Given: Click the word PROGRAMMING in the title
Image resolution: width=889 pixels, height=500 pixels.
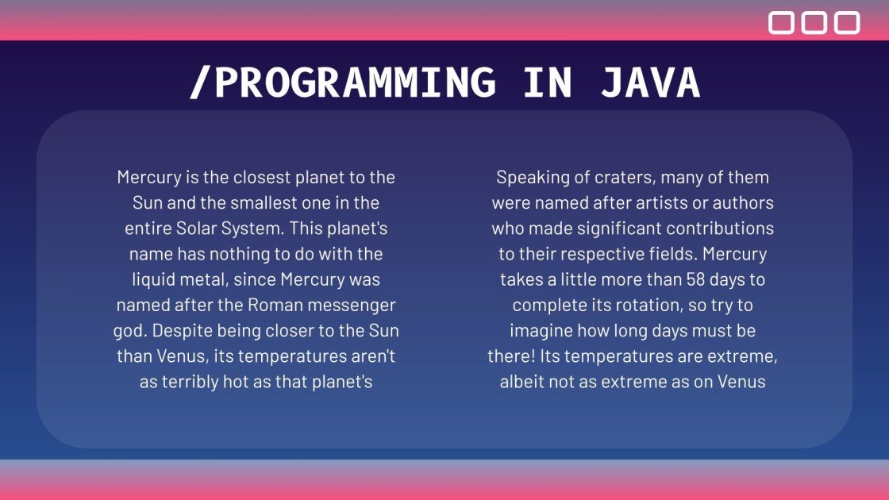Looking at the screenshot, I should pos(356,83).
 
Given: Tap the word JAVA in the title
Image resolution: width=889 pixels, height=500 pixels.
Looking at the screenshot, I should pos(650,83).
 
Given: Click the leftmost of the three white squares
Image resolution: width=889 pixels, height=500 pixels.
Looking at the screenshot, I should pos(781,23).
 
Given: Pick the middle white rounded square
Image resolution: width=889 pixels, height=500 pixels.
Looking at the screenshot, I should pos(814,23).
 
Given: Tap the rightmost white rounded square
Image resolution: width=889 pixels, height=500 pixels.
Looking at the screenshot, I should pos(846,23).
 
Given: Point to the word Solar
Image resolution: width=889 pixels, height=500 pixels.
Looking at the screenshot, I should pos(202,229).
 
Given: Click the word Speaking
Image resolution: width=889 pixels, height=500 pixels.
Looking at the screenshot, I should pos(528,177).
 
